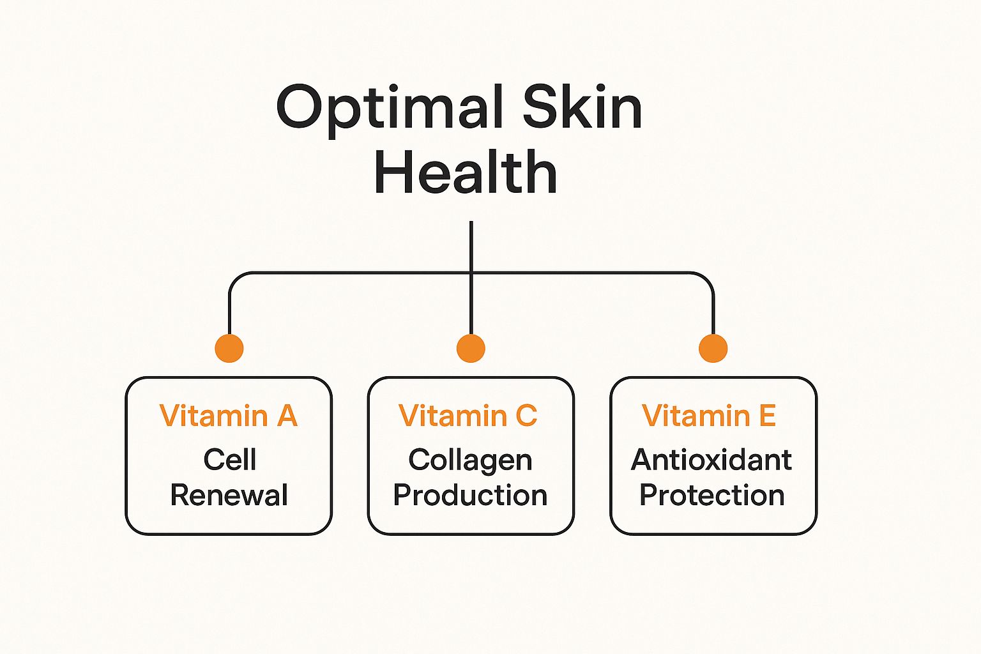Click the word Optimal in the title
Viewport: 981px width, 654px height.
click(x=390, y=110)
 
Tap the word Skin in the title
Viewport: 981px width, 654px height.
click(x=582, y=105)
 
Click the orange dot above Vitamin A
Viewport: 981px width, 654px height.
click(x=229, y=348)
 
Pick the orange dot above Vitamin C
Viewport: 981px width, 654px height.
click(x=471, y=348)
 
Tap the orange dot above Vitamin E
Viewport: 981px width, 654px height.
click(x=713, y=348)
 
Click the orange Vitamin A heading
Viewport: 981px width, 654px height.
click(x=229, y=415)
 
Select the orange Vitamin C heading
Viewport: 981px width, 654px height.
click(x=468, y=415)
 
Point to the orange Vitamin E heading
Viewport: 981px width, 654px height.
click(x=709, y=415)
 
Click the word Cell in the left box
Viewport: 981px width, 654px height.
click(x=230, y=459)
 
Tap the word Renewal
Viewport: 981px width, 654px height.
click(x=229, y=495)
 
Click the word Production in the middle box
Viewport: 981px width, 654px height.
click(x=470, y=495)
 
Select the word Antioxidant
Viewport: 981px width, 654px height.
click(x=711, y=459)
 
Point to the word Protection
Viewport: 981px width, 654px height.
click(x=712, y=495)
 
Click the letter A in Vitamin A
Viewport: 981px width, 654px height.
click(x=287, y=415)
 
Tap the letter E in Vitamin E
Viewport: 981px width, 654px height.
click(x=767, y=415)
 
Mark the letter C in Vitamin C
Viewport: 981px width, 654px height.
click(x=526, y=415)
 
